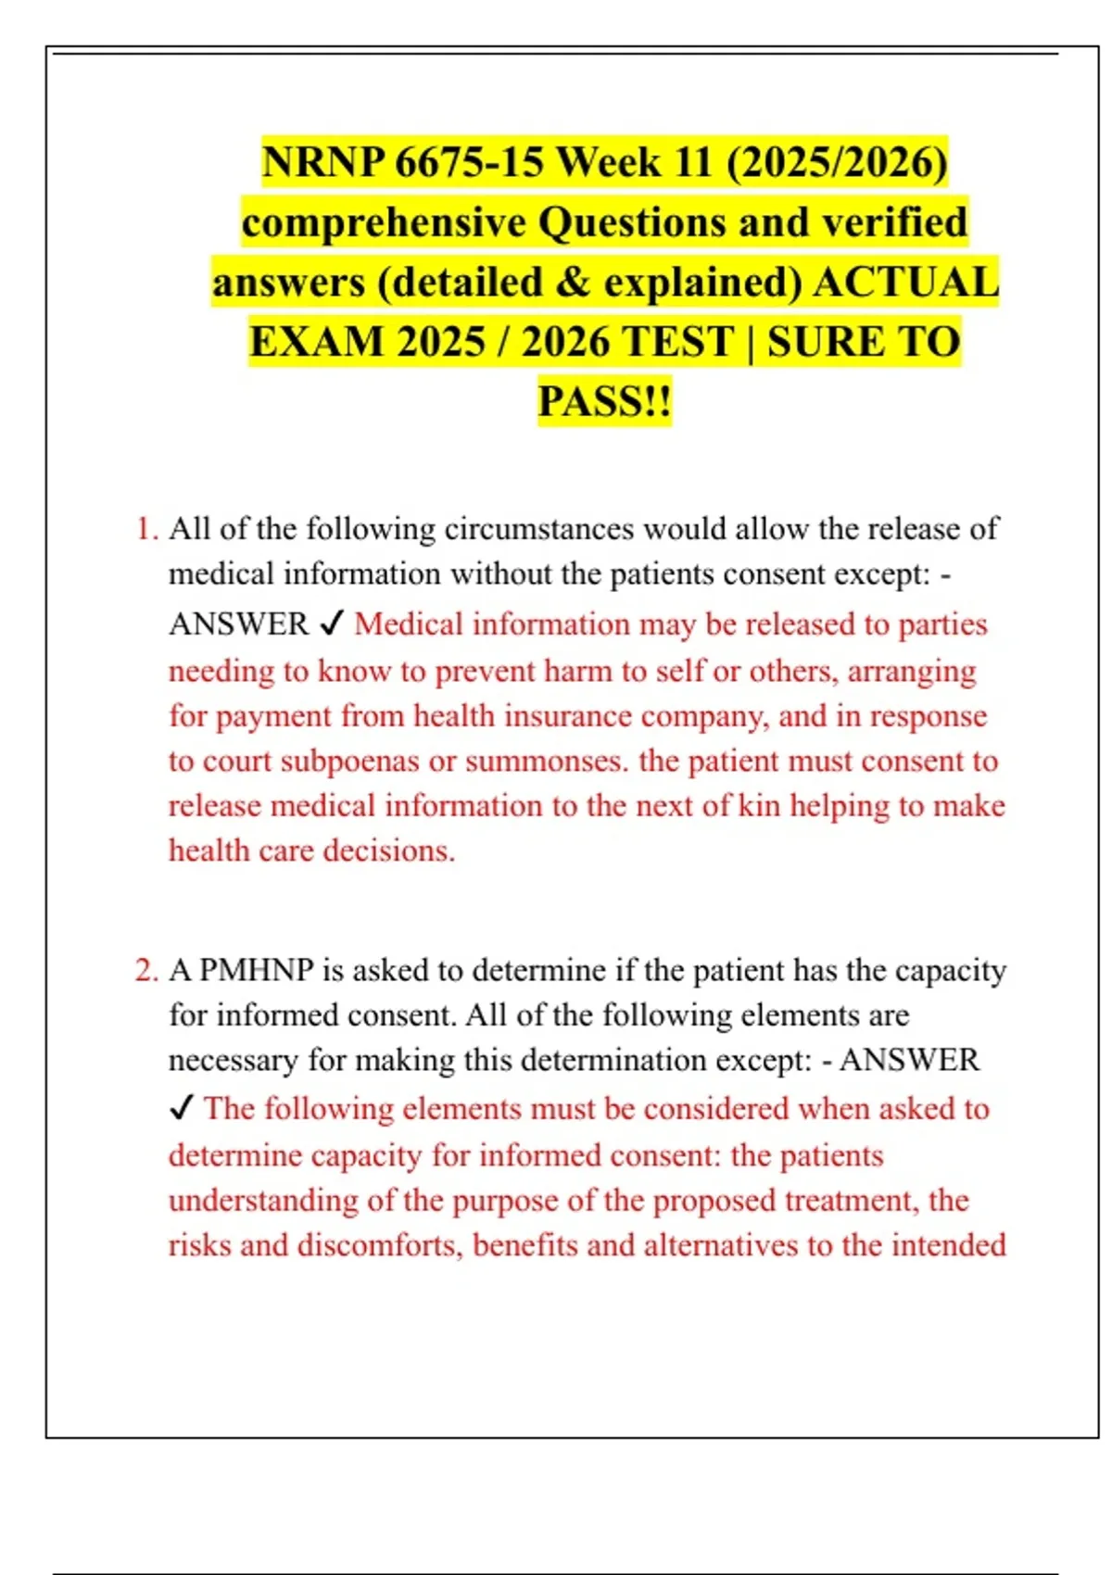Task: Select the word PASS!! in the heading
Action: click(x=604, y=402)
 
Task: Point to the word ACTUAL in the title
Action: click(x=905, y=283)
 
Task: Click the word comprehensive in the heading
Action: click(x=384, y=223)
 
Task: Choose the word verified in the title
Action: click(x=894, y=223)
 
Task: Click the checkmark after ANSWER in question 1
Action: click(x=332, y=624)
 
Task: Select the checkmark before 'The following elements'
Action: click(x=182, y=1108)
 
